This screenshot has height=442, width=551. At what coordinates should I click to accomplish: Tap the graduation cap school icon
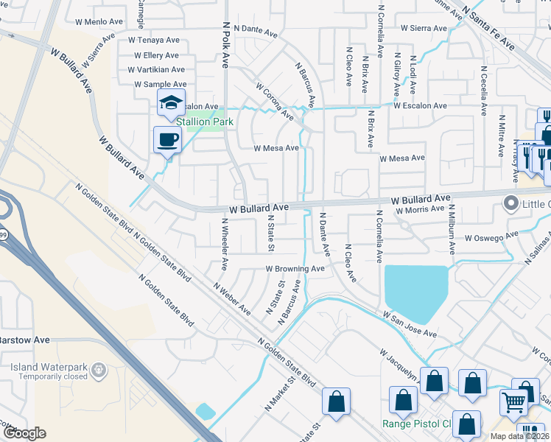[x=171, y=103]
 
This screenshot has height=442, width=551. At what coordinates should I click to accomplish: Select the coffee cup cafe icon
[x=167, y=138]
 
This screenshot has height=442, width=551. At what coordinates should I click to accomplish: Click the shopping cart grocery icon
[x=514, y=402]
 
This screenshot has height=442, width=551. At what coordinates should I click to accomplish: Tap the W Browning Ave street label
[x=295, y=269]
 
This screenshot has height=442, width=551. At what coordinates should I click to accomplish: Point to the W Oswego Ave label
[x=491, y=237]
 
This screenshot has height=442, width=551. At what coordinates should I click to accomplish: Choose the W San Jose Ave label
[x=409, y=323]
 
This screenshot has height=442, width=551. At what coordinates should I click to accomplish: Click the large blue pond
[x=415, y=287]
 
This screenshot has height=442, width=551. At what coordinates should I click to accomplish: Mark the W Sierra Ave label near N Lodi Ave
[x=424, y=29]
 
